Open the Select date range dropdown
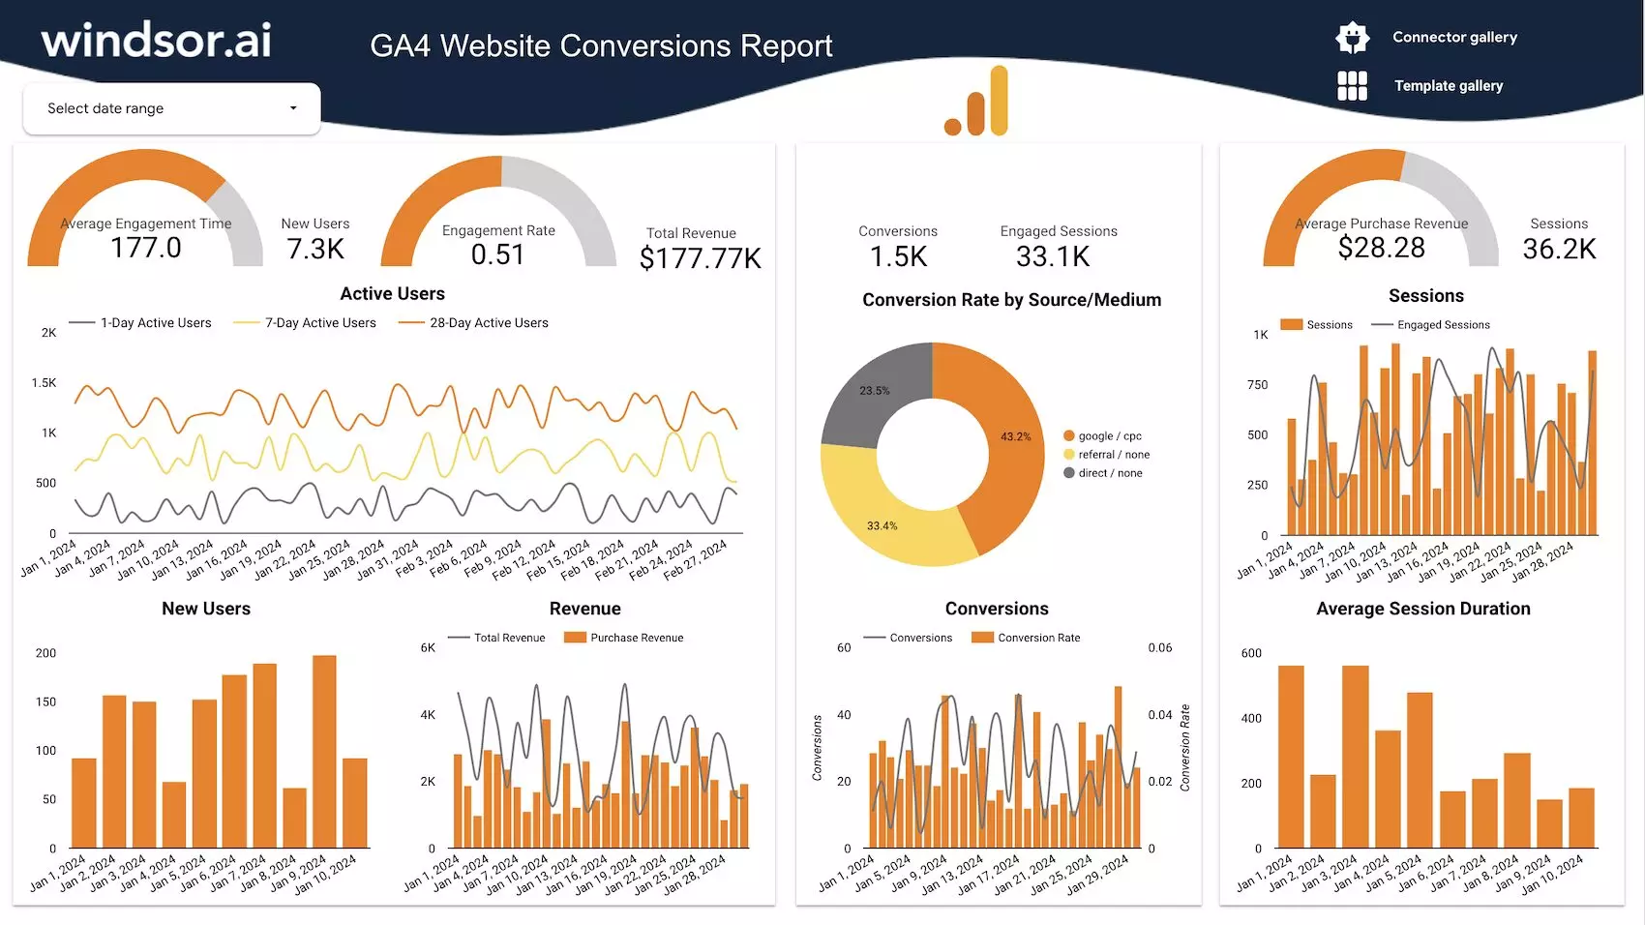tap(171, 108)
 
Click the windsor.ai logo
tap(156, 41)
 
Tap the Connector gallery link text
tap(1454, 38)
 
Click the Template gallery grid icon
tap(1352, 86)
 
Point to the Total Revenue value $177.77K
tap(700, 258)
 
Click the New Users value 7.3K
tap(315, 250)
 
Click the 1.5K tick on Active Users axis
tap(44, 383)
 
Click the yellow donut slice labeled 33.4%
tap(882, 526)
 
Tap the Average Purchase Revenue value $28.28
tap(1381, 249)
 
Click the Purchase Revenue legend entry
tap(636, 639)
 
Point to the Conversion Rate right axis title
tap(1184, 748)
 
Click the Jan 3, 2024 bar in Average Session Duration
tap(1355, 757)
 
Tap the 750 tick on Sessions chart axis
tap(1257, 385)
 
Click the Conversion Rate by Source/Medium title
tap(1011, 300)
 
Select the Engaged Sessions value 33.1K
tap(1053, 257)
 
